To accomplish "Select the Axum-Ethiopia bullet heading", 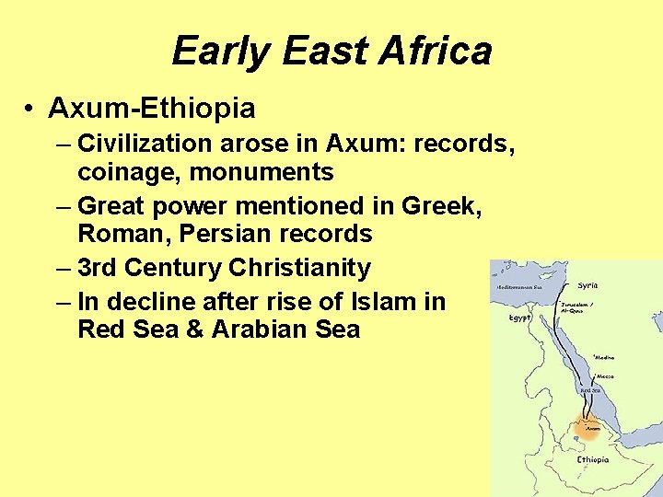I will (152, 109).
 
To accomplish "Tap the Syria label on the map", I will (587, 285).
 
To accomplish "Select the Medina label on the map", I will (605, 357).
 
